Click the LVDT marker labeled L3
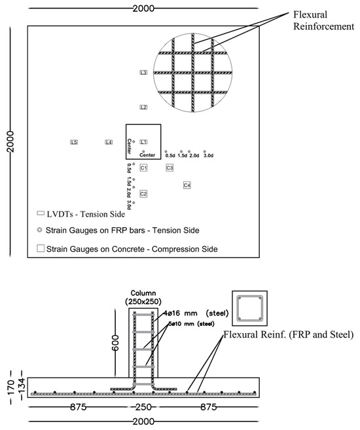[143, 72]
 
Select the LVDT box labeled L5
[74, 142]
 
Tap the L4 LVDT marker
[109, 142]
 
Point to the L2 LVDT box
[143, 107]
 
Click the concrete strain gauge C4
[187, 185]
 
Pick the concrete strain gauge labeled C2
[143, 194]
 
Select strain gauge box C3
[170, 168]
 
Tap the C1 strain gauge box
[143, 168]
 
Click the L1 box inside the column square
[144, 141]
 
